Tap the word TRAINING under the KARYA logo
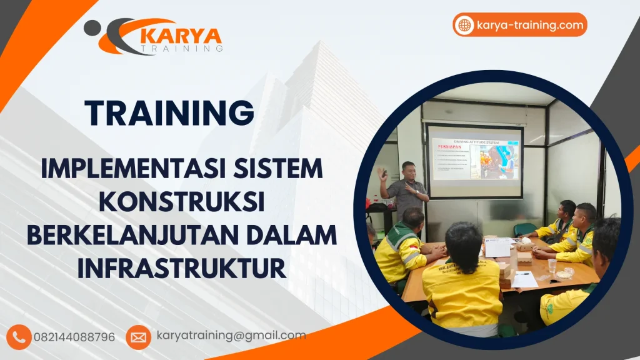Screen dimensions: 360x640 tap(182, 47)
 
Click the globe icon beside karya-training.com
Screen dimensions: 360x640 tap(464, 26)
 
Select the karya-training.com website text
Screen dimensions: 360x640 tap(529, 26)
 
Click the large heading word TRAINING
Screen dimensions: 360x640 tap(170, 113)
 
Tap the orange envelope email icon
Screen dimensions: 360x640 tap(138, 337)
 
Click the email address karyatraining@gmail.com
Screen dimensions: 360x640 tap(231, 336)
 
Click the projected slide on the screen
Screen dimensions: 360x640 tap(475, 159)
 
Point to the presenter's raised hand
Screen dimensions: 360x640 tap(382, 174)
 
